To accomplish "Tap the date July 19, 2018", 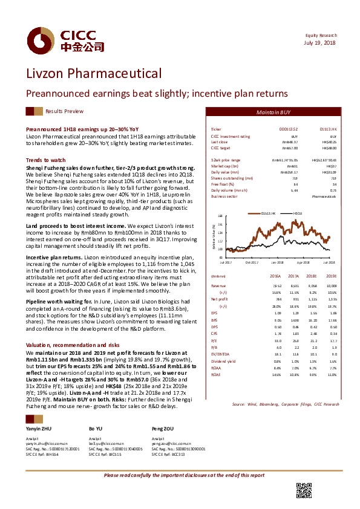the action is (321, 42).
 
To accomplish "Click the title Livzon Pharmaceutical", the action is (93, 74).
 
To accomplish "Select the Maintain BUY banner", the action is (273, 112).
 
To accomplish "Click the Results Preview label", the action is (65, 112).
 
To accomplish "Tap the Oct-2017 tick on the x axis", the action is (252, 262).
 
